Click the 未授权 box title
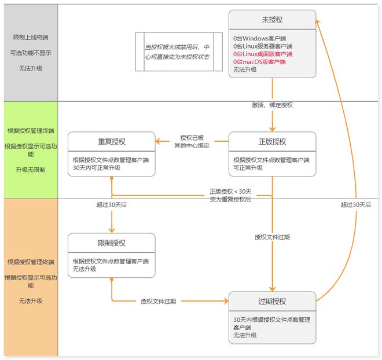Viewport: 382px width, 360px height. tap(272, 20)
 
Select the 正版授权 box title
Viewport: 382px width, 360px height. tap(272, 142)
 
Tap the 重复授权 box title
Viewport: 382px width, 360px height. tap(111, 142)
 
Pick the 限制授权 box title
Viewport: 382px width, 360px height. tap(111, 243)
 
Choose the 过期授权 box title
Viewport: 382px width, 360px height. tap(272, 302)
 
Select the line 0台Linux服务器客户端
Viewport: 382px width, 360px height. tap(263, 46)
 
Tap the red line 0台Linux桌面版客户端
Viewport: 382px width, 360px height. tap(263, 53)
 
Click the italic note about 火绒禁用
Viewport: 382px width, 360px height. tap(177, 52)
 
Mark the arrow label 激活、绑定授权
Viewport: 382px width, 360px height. tap(273, 105)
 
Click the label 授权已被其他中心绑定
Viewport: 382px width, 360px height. tap(192, 142)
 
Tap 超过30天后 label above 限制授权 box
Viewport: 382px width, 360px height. tap(112, 204)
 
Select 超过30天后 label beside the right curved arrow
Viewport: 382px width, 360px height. tap(355, 204)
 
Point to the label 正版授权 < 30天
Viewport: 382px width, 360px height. tap(230, 192)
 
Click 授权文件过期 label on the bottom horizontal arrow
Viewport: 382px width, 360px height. tap(158, 302)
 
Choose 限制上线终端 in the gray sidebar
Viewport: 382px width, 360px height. tap(31, 37)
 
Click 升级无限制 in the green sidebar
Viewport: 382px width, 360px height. tap(31, 170)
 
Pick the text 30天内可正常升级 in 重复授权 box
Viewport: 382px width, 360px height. tap(97, 168)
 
